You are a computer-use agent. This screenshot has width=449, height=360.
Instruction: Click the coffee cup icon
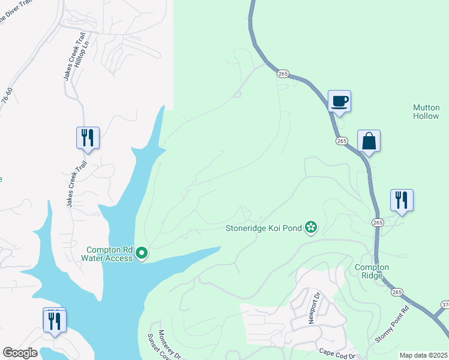[x=339, y=101]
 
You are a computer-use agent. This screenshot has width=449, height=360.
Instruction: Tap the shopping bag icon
[x=369, y=141]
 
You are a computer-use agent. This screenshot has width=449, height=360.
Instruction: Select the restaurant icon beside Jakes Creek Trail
[x=88, y=137]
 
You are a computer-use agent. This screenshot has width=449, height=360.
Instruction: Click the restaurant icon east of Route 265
[x=402, y=200]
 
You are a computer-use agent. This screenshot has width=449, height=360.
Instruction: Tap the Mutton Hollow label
[x=426, y=112]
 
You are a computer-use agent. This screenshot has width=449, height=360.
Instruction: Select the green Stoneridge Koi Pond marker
[x=311, y=227]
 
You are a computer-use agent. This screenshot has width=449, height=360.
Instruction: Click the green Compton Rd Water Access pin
[x=142, y=254]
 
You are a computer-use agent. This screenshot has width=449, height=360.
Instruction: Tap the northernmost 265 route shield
[x=283, y=73]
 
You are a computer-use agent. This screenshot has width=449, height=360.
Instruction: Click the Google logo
[x=20, y=353]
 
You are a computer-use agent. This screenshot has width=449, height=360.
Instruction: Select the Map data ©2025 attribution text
[x=423, y=355]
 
